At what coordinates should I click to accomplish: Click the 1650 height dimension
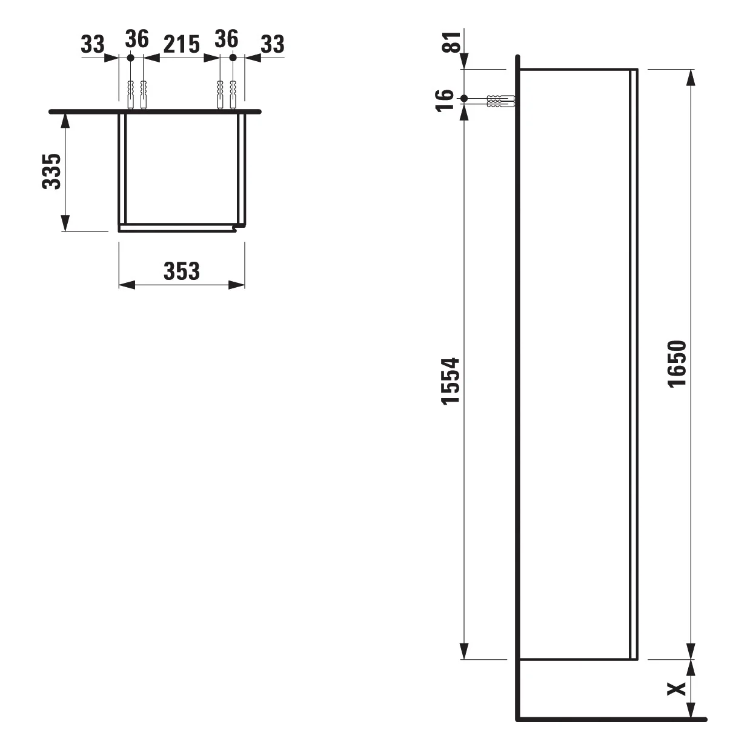[x=677, y=363]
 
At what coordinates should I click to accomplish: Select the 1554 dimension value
[x=451, y=381]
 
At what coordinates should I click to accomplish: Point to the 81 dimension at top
[x=451, y=42]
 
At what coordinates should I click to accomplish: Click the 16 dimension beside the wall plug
[x=445, y=99]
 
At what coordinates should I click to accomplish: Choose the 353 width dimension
[x=181, y=271]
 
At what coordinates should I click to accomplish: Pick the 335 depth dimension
[x=52, y=171]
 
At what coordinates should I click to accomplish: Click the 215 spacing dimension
[x=181, y=44]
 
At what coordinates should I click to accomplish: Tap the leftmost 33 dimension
[x=93, y=44]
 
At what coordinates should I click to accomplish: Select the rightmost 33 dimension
[x=272, y=44]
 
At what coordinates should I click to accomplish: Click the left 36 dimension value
[x=137, y=39]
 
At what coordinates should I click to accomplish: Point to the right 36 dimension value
[x=226, y=39]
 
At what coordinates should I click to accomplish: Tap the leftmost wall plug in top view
[x=130, y=94]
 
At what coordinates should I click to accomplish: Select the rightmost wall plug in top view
[x=233, y=94]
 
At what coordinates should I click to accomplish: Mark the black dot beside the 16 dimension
[x=464, y=99]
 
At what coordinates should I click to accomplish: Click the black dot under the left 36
[x=130, y=58]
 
